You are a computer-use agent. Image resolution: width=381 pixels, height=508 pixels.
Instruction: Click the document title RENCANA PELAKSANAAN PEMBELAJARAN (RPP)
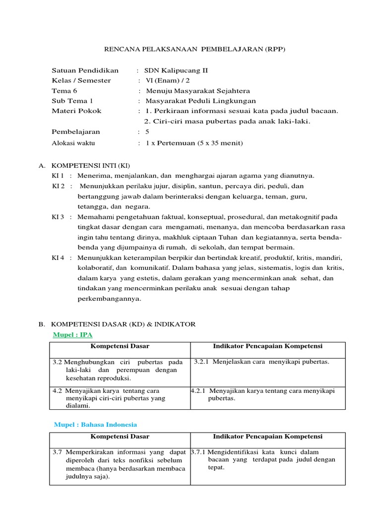190,50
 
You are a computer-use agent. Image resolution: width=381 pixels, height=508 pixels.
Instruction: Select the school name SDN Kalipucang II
173,70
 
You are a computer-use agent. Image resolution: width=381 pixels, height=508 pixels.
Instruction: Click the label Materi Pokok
76,111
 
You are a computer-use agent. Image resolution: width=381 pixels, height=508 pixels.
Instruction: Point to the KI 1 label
59,176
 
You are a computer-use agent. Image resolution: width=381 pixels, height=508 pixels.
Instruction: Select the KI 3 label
59,217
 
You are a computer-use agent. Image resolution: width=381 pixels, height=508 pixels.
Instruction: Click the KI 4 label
59,258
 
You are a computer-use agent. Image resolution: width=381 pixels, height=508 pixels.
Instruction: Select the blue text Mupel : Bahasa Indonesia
95,425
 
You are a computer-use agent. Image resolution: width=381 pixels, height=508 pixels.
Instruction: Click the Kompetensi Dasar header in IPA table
119,346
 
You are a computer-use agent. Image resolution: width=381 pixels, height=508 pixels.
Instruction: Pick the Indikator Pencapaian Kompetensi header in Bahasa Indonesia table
267,437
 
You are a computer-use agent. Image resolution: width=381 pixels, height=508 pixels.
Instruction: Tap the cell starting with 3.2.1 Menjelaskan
261,362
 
